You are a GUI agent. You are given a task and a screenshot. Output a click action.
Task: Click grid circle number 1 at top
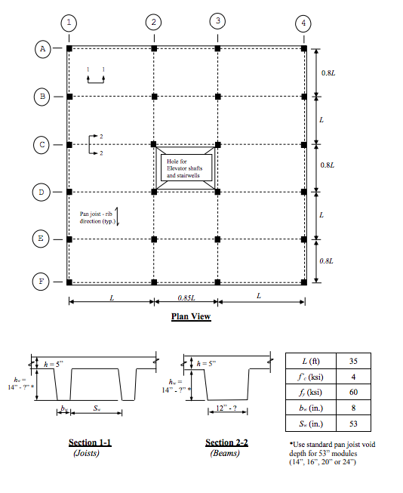pos(69,23)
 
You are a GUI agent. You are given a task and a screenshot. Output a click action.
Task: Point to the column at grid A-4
pos(303,48)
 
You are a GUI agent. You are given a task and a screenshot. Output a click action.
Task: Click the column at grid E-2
pos(154,239)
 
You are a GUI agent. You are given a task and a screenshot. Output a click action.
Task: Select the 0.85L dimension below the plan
pos(186,297)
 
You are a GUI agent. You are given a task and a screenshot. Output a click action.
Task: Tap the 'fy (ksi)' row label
pos(313,393)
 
